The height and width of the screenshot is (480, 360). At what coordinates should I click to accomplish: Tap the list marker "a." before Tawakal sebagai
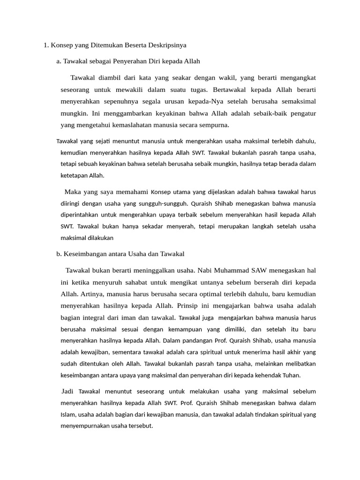click(x=59, y=61)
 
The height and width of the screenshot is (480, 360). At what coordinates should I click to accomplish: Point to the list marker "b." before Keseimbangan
click(x=59, y=254)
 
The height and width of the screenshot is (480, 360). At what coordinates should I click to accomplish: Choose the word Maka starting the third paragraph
click(x=73, y=192)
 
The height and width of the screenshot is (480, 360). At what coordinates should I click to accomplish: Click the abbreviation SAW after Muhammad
click(x=259, y=270)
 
